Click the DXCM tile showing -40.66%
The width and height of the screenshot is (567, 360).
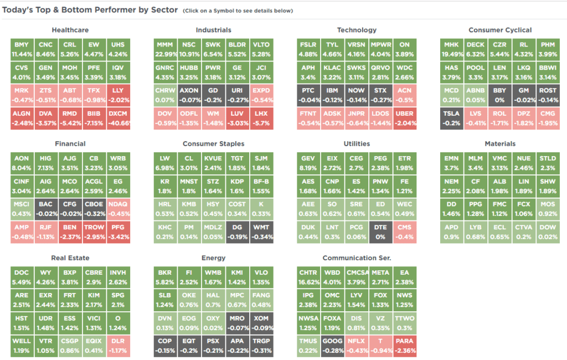point(118,119)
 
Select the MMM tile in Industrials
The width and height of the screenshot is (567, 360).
point(165,49)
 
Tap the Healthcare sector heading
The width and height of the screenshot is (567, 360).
point(70,30)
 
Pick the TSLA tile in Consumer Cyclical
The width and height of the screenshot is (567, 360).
point(452,119)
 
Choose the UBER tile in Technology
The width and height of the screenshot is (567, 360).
point(405,119)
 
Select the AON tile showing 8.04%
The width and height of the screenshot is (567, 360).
point(22,162)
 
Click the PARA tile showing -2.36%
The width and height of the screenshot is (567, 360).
point(405,346)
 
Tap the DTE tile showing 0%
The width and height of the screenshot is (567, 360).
point(380,232)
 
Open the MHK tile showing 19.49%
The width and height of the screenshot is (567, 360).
point(452,49)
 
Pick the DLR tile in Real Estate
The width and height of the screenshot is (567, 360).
point(118,346)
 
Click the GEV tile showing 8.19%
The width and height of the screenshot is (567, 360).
point(308,162)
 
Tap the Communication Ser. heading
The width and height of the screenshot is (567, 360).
point(357,258)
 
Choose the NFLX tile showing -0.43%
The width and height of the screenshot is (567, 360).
point(357,346)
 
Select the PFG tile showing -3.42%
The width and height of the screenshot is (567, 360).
point(118,232)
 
